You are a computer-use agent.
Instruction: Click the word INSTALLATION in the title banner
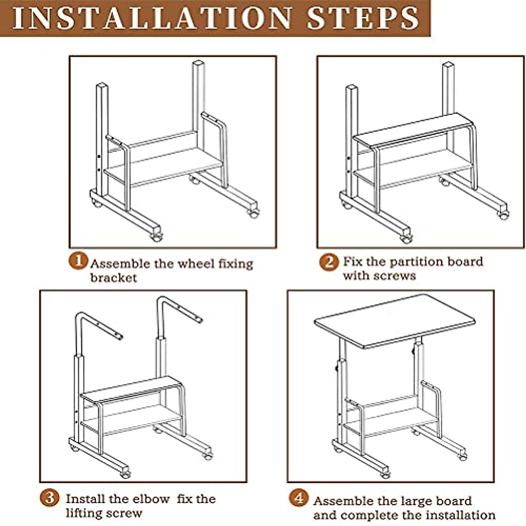(152, 18)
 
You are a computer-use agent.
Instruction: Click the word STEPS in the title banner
(363, 18)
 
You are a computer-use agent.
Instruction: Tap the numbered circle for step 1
(78, 261)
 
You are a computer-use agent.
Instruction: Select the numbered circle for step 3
(50, 498)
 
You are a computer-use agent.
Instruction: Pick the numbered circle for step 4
(299, 498)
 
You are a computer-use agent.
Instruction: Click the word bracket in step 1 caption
(114, 278)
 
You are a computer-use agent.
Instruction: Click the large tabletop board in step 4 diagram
(394, 322)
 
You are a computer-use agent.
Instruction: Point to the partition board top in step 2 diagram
(413, 131)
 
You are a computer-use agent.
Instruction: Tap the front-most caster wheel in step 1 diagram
(156, 237)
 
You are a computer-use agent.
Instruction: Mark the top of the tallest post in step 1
(199, 63)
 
